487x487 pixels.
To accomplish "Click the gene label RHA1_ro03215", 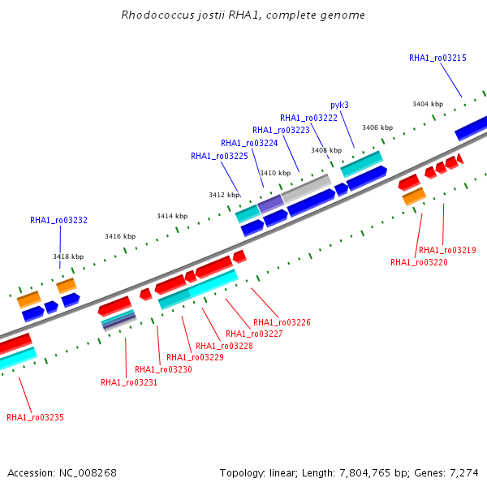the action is pos(437,58).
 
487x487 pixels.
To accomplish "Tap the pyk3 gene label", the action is pos(339,106).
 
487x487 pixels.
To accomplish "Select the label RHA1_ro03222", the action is pos(308,118).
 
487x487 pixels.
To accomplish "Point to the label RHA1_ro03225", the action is pos(219,156).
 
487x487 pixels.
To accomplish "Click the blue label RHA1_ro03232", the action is pos(58,220).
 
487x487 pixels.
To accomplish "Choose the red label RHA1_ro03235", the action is pos(35,417).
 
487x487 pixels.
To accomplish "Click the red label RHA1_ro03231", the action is pos(129,382).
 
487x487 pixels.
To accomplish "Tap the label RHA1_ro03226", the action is pos(282,322).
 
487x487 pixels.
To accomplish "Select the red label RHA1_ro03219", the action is pos(447,250).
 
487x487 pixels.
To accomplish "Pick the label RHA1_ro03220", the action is pos(419,262).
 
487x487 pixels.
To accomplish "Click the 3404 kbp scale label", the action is pos(428,104).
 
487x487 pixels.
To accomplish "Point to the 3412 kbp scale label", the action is pos(224,195).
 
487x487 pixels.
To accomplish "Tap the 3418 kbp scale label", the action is pos(68,256).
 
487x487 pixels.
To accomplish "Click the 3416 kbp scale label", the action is pos(120,236).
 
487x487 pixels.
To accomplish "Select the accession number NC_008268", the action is pos(88,473).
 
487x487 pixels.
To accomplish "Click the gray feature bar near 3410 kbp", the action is pos(306,188).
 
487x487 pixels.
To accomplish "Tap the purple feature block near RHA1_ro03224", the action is pos(271,204).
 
